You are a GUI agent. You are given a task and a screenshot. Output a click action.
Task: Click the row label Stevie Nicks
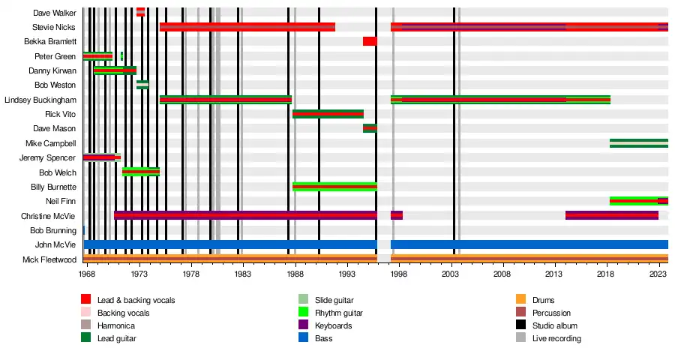tap(55, 27)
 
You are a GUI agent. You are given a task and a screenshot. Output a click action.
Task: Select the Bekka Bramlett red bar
tap(370, 41)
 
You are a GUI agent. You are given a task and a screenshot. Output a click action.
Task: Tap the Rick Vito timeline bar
tap(328, 114)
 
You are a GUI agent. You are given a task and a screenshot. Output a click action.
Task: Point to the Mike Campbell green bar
tap(638, 143)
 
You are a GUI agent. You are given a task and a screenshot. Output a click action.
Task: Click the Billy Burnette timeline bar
tap(334, 187)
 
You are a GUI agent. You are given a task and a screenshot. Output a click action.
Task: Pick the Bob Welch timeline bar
tap(141, 172)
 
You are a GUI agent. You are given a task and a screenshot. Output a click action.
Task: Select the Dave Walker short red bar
tap(140, 12)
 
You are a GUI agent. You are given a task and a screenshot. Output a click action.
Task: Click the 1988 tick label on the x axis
tap(295, 275)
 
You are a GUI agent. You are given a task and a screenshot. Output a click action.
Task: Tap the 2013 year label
tap(555, 275)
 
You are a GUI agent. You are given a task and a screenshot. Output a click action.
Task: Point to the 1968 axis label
tap(87, 275)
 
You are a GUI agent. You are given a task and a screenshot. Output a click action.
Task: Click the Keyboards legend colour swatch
tap(304, 325)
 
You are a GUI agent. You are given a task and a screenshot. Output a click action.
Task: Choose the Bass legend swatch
tap(304, 338)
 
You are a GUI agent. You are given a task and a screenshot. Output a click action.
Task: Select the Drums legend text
tap(543, 300)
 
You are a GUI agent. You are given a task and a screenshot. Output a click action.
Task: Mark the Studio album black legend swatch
tap(521, 325)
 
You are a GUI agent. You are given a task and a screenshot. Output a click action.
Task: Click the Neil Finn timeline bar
tap(638, 201)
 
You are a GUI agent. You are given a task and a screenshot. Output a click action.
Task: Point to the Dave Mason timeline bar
tap(370, 128)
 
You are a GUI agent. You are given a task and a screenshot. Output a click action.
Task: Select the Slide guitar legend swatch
tap(304, 300)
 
